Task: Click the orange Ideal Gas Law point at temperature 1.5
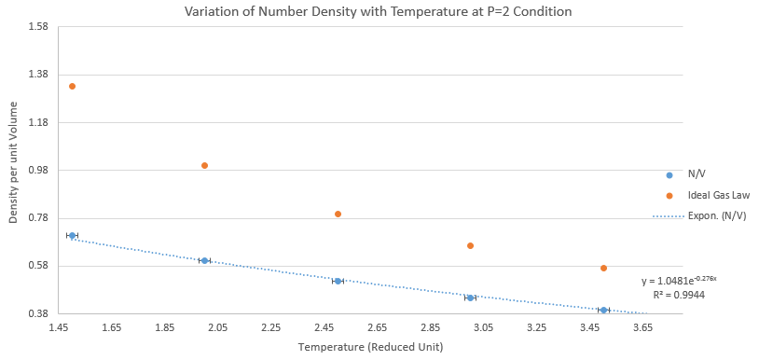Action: tap(72, 86)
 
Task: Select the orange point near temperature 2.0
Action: tap(204, 165)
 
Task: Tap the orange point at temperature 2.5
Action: tap(338, 214)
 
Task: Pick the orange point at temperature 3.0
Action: tap(470, 246)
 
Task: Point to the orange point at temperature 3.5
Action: tap(603, 268)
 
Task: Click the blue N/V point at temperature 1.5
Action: tap(72, 236)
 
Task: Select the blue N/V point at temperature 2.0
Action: tap(204, 260)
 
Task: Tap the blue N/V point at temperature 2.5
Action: tap(338, 281)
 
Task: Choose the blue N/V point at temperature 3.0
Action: tap(470, 298)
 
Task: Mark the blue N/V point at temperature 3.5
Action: tap(603, 310)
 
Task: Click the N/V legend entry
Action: tap(683, 175)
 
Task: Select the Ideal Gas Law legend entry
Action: tap(708, 196)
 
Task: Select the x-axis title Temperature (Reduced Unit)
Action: tap(371, 348)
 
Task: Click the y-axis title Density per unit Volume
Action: tap(14, 162)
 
